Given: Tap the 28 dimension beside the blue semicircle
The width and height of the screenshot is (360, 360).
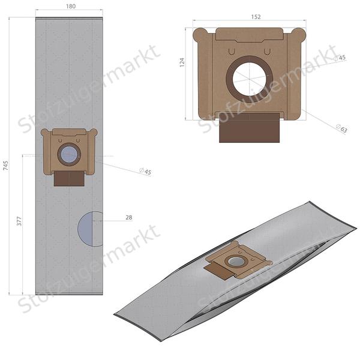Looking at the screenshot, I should (128, 218).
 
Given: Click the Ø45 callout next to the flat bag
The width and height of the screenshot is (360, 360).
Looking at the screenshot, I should (145, 172).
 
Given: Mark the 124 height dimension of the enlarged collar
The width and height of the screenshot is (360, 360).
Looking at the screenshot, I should (182, 62).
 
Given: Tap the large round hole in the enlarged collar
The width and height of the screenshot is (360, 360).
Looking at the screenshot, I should (248, 79).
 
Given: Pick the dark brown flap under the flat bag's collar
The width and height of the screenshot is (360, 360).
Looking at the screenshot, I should (68, 178).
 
